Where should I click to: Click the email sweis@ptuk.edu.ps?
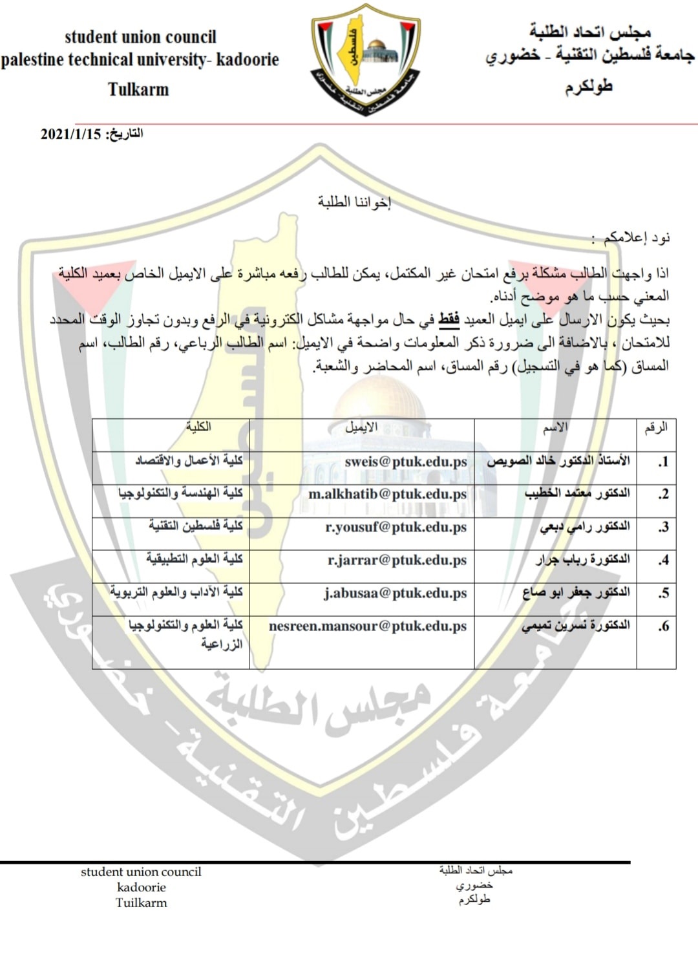405,462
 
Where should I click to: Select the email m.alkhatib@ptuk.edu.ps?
387,495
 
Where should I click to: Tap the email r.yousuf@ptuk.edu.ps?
396,528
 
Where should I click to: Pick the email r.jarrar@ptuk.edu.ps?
397,560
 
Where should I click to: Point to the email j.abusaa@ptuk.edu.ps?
395,593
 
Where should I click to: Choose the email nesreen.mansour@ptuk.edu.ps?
367,626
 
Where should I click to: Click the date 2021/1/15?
71,134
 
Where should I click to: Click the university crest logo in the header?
366,60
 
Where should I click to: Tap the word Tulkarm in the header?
138,89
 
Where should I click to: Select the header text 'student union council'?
140,37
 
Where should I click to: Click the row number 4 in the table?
663,560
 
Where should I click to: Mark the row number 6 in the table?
663,626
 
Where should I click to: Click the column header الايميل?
361,427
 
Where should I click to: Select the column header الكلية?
198,427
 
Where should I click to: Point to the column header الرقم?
655,427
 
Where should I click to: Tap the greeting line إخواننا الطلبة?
354,202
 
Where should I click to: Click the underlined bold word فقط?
449,319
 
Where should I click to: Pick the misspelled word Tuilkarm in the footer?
141,903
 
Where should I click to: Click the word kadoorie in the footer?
141,888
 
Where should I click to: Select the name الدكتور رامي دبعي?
584,527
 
